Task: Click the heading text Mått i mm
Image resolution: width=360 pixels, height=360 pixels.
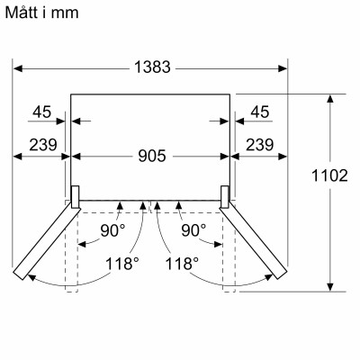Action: click(x=42, y=12)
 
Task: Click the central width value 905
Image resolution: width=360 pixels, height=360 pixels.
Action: click(x=151, y=156)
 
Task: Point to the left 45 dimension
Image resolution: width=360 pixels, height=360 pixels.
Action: click(x=40, y=112)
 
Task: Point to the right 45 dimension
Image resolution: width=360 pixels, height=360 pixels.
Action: click(x=259, y=112)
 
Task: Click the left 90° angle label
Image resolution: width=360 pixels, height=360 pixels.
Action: click(x=112, y=230)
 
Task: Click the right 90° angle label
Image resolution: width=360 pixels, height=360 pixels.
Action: click(x=191, y=230)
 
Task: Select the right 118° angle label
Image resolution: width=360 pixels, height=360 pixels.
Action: click(x=181, y=264)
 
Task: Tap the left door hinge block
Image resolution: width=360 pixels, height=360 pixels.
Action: click(x=76, y=193)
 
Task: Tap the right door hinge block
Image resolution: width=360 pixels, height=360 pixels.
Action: click(x=226, y=193)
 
